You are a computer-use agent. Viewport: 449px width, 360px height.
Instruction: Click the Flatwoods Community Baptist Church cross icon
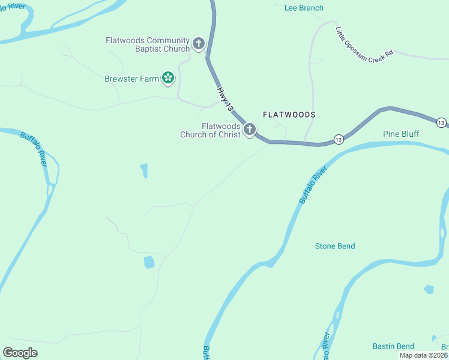coord(199,44)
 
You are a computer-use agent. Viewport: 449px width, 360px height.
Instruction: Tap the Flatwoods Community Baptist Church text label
coord(148,44)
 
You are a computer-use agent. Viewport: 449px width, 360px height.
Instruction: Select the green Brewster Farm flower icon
coord(169,77)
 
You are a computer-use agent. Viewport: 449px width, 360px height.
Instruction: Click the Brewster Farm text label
coord(131,79)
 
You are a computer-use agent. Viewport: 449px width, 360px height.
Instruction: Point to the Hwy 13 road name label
coord(224,100)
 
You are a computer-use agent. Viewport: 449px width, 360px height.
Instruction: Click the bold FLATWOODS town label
coord(289,114)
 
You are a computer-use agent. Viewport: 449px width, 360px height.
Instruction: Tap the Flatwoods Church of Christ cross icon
coord(250,129)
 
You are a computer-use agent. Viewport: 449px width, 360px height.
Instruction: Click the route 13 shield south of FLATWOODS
coord(339,139)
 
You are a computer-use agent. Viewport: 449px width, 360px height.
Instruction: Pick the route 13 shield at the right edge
coord(441,122)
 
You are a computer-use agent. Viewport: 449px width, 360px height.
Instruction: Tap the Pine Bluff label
coord(401,134)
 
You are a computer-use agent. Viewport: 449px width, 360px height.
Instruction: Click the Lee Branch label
coord(304,8)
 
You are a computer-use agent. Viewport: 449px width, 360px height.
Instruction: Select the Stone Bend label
coord(335,246)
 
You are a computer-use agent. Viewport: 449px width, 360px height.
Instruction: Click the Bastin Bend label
coord(393,346)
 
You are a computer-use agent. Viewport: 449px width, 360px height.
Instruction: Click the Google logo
coord(20,352)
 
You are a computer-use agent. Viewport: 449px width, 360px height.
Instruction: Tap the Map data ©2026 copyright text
coord(423,355)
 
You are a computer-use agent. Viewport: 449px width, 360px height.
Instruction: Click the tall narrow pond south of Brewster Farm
coord(144,171)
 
